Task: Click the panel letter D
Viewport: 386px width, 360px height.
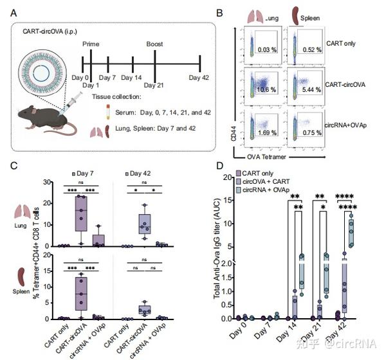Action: (221, 167)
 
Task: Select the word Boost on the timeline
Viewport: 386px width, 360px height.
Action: (154, 44)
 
